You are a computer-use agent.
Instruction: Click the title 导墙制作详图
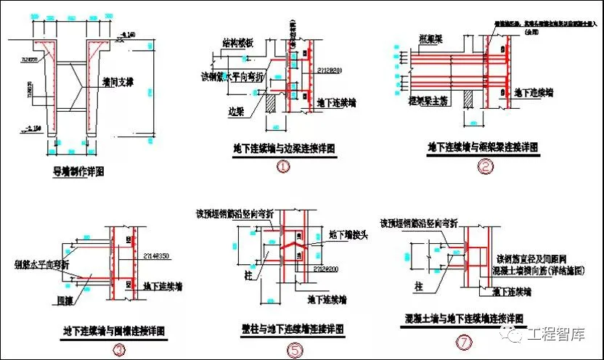point(79,172)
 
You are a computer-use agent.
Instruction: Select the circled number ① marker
point(282,168)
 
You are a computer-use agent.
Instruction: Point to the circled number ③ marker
point(116,348)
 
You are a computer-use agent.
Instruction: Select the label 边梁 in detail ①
point(234,112)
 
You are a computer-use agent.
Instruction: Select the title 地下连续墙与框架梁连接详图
point(483,147)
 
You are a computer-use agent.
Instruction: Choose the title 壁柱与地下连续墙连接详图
point(294,329)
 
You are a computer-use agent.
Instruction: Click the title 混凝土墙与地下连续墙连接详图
point(465,319)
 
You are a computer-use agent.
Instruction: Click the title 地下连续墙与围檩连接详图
point(115,332)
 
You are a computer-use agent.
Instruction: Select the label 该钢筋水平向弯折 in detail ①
point(229,75)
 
